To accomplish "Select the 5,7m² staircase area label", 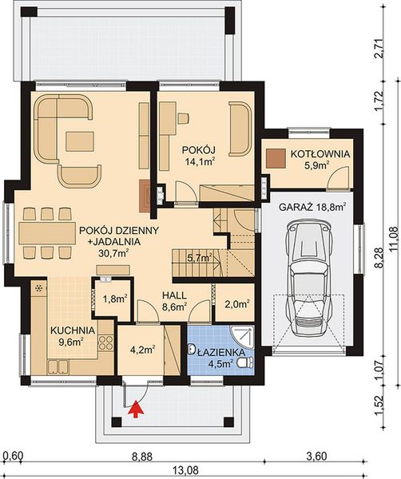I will (x=198, y=257).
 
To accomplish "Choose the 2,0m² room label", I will (x=236, y=303).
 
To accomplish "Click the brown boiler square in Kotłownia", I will (x=276, y=158).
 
